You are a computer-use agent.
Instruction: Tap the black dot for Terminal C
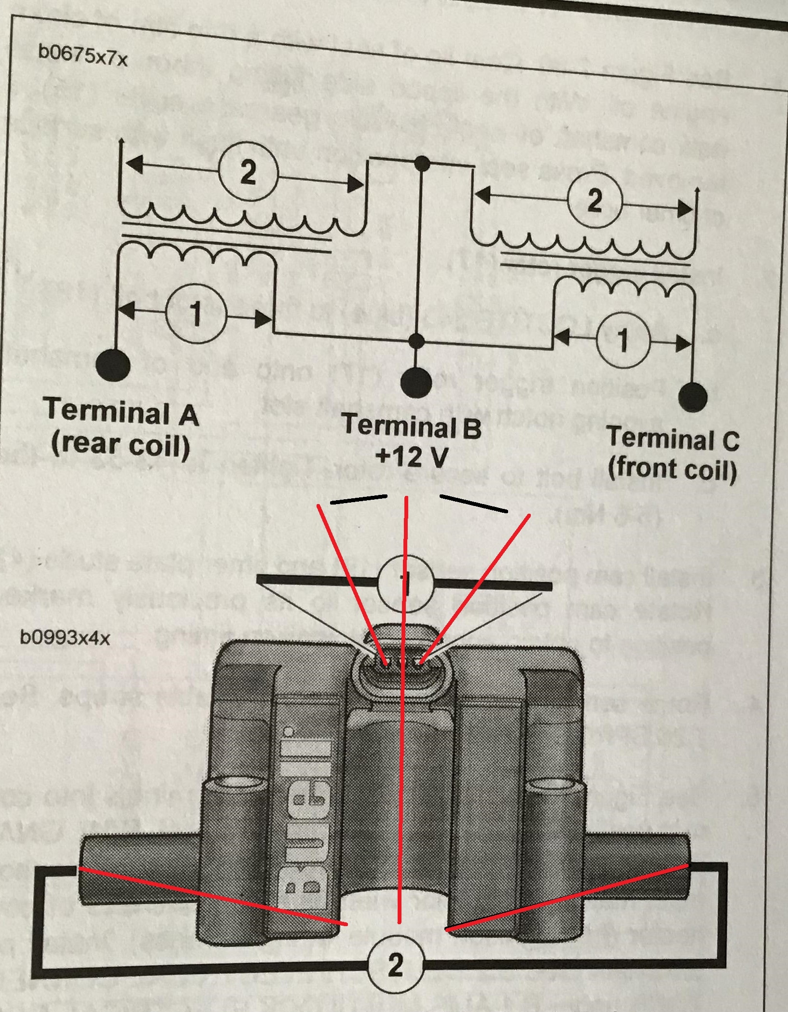[x=692, y=398]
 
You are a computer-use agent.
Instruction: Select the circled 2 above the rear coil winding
[x=248, y=172]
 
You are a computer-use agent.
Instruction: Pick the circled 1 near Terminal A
[x=195, y=315]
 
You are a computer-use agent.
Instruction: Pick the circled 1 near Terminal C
[x=623, y=340]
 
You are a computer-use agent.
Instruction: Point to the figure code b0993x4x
[x=65, y=638]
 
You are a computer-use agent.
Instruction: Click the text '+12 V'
[x=412, y=456]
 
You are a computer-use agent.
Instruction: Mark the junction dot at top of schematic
[x=422, y=164]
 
